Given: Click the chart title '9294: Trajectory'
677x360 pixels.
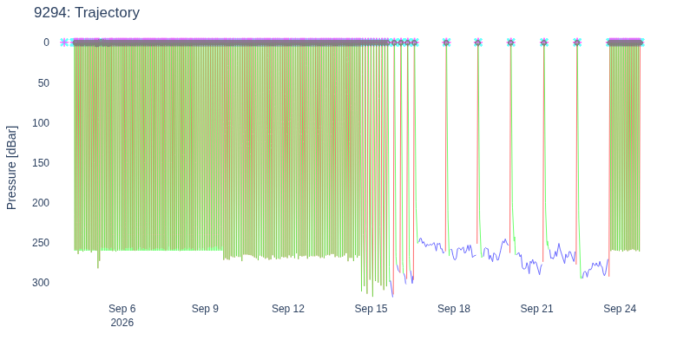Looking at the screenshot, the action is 87,12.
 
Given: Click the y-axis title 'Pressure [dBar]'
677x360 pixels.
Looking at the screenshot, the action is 11,168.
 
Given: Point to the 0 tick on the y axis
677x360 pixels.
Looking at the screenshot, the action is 46,43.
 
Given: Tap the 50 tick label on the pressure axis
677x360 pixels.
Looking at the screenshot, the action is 43,83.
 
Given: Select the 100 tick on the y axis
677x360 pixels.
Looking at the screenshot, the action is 41,123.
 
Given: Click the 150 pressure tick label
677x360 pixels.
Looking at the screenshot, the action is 41,163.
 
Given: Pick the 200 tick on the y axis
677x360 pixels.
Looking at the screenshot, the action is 41,202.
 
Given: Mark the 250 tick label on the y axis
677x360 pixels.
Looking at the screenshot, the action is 41,243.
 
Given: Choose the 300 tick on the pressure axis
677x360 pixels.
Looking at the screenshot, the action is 41,282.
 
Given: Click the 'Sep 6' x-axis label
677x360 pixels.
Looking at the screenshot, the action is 122,309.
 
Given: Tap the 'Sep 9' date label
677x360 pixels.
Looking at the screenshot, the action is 205,309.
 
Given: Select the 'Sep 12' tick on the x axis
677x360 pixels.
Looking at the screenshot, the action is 288,309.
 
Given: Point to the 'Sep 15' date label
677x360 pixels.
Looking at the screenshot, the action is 371,309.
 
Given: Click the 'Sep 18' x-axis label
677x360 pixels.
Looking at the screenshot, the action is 454,309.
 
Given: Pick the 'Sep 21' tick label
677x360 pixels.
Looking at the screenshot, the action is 536,309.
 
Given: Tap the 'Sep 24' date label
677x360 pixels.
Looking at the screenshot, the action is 620,309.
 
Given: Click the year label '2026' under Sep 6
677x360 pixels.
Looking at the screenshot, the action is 122,323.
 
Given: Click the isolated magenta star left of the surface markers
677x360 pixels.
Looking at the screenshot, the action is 64,43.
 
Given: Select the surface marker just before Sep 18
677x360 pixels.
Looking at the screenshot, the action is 446,43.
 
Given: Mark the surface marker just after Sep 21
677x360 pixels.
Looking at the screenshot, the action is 544,43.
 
